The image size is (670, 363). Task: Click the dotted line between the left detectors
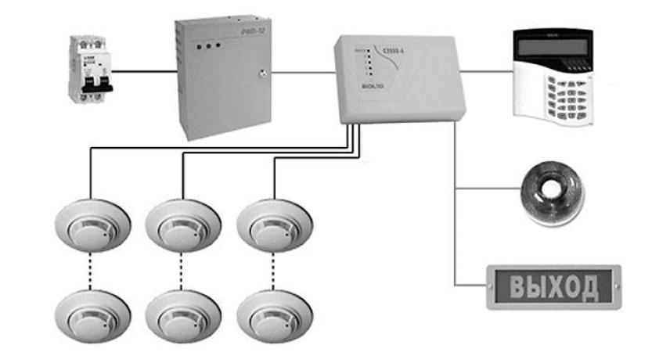[92, 270]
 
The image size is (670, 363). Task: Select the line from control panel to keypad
[488, 73]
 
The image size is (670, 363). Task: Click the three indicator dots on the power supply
[208, 48]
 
